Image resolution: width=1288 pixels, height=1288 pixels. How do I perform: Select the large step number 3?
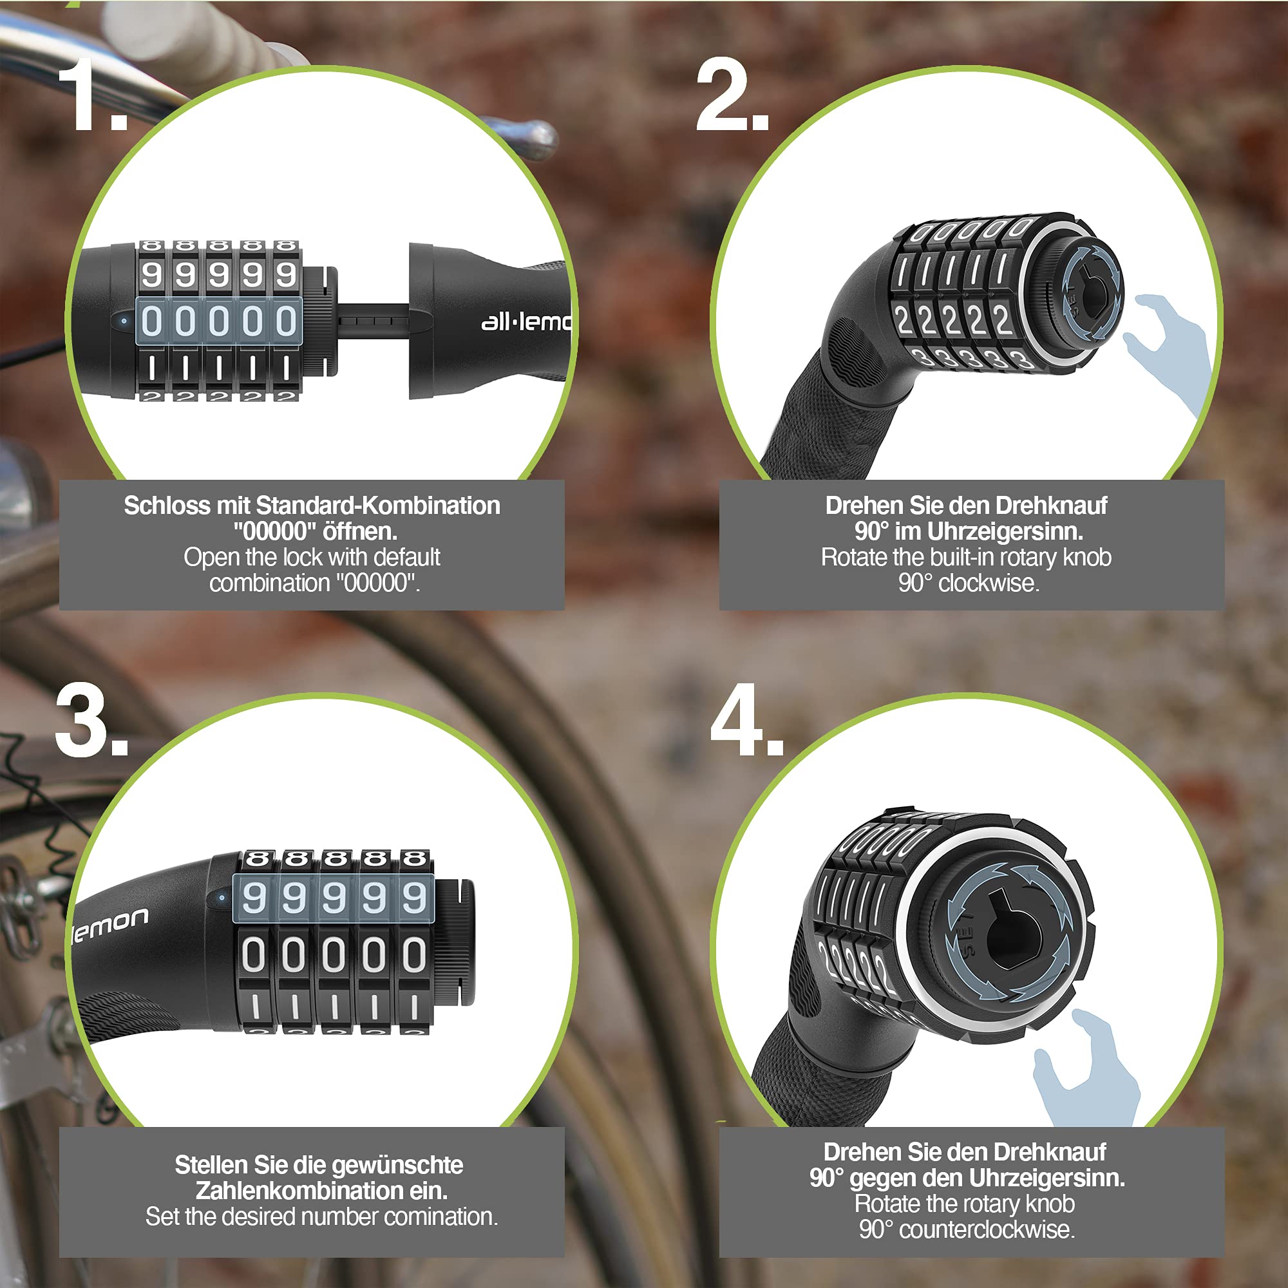click(x=92, y=721)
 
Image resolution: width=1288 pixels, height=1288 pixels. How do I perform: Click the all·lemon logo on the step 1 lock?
click(x=526, y=322)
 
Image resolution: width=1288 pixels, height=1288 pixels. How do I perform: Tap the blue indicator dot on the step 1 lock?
click(x=124, y=321)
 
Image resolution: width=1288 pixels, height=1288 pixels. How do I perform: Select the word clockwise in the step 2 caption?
click(x=989, y=583)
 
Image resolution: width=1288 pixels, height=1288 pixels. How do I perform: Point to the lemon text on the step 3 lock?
click(x=110, y=924)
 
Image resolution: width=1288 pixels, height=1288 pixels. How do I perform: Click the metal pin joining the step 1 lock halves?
click(x=374, y=321)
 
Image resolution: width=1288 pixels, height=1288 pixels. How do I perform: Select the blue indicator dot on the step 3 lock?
click(x=222, y=897)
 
